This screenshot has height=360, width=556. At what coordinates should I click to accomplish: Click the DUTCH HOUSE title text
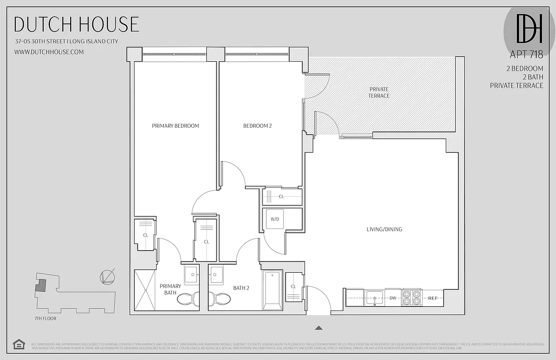pos(76,24)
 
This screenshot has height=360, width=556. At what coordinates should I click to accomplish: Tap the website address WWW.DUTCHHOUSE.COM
pos(49,52)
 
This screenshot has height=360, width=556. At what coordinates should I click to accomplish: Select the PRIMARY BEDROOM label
pos(175,126)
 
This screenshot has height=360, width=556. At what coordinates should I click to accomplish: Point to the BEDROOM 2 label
pos(257,126)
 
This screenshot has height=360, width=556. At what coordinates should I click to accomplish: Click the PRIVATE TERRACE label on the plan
pos(379,92)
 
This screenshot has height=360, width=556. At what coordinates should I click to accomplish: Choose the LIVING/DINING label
pos(384,229)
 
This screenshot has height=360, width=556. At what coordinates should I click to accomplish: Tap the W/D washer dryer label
pos(274,219)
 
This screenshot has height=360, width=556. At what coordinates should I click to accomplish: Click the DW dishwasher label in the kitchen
pos(393,298)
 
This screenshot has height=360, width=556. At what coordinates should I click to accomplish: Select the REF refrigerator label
pos(433,298)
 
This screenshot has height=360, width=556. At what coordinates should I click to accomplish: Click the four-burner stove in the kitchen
pos(412,298)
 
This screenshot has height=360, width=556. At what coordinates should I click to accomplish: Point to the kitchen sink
pos(374,297)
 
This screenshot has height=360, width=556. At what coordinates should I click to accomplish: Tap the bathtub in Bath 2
pos(273,290)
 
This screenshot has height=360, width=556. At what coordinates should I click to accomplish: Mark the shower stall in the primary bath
pos(145,290)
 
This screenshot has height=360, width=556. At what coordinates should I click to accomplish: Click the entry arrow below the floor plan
pos(318,328)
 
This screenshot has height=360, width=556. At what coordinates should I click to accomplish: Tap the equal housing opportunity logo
pos(19,344)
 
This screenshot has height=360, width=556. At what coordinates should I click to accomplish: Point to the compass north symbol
pos(107,276)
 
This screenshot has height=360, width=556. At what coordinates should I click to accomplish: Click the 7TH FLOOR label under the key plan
pos(45,319)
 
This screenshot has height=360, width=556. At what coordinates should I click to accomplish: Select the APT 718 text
pos(526,55)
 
